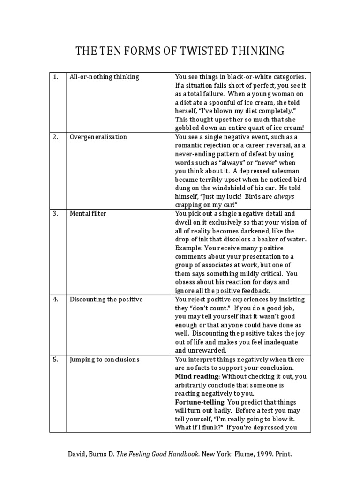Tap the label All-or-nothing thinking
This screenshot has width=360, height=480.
coord(104,77)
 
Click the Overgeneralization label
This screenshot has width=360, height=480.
coord(98,137)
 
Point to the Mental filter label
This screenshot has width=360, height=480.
coord(88,214)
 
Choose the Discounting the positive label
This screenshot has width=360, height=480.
coord(106,300)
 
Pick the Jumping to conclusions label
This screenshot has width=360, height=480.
coord(105,360)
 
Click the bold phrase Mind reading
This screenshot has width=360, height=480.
coord(197,377)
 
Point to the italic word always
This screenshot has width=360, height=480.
coord(284,197)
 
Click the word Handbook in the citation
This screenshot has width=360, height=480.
coord(168,454)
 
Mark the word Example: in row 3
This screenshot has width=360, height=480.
coord(189,248)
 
